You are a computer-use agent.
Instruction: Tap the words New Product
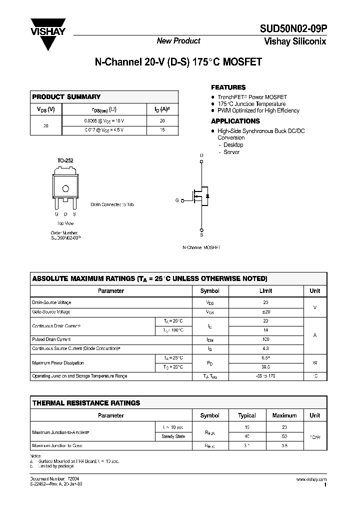(178, 41)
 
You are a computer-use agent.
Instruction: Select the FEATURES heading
(228, 87)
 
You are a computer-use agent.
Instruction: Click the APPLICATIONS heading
(235, 121)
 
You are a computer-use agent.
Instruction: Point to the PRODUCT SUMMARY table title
(66, 96)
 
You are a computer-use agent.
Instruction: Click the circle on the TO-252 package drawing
(65, 188)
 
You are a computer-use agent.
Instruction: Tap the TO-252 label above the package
(65, 160)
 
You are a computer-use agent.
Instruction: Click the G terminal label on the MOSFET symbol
(176, 200)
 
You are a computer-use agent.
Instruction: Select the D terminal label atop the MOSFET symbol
(201, 155)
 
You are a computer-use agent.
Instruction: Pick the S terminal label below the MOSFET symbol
(201, 234)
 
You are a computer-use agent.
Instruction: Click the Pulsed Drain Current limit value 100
(265, 339)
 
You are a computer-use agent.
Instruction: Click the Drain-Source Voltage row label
(52, 302)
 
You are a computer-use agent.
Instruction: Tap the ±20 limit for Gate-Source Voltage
(265, 311)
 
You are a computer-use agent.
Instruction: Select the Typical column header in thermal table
(247, 415)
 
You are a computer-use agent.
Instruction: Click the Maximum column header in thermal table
(284, 415)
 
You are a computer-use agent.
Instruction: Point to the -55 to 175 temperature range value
(265, 376)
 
